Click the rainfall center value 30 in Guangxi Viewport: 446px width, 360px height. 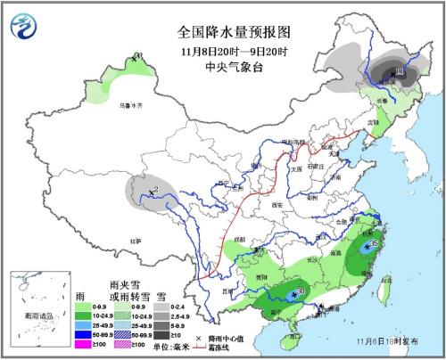coord(301,291)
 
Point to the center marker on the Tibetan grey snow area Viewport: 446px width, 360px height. coord(153,190)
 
